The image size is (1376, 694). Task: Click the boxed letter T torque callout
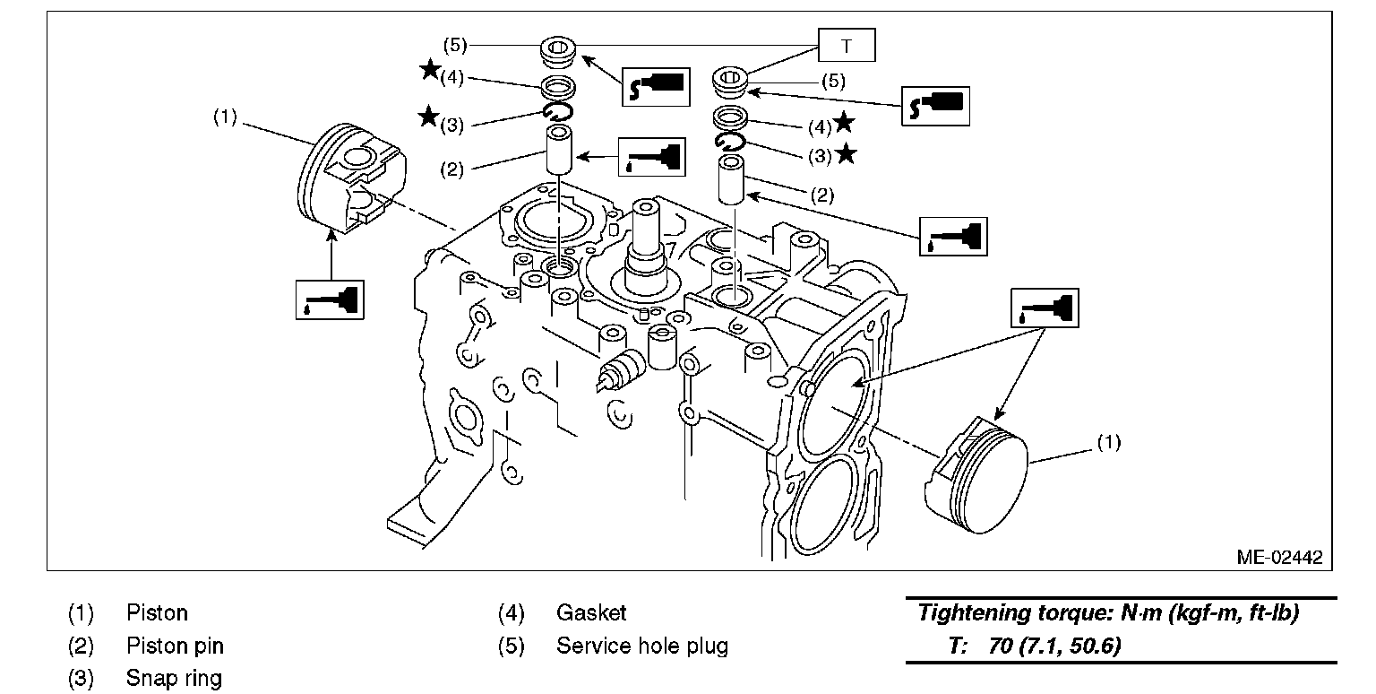coord(847,46)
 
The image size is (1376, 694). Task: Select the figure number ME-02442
coord(1278,557)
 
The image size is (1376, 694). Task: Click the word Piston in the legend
coord(157,613)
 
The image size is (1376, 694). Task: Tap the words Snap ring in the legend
coord(174,678)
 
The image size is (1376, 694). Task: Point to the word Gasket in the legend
coord(591,613)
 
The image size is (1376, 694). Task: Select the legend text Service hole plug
coord(642,646)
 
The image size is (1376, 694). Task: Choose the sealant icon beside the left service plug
coord(655,87)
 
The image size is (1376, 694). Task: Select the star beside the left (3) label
coord(429,116)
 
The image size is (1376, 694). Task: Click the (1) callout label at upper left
coord(224,117)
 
